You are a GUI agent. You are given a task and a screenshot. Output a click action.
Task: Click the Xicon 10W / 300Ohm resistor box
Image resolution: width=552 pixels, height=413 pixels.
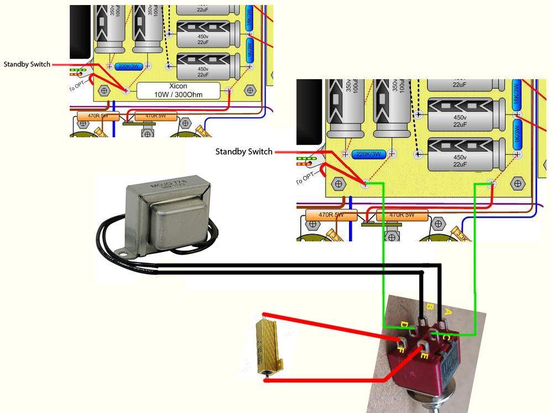[178, 90]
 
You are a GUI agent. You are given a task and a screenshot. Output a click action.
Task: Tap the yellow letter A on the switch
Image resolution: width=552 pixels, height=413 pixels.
[447, 312]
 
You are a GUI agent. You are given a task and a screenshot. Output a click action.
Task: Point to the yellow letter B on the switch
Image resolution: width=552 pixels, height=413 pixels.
[429, 305]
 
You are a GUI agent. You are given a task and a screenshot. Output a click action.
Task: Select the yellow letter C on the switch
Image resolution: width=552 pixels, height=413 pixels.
[445, 335]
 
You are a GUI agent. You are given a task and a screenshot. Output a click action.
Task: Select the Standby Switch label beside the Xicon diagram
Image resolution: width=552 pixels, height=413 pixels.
[27, 64]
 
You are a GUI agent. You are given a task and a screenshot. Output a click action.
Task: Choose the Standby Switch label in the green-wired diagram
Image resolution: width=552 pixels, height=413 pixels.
[244, 152]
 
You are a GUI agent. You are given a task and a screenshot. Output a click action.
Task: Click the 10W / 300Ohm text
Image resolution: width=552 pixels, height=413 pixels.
[178, 95]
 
